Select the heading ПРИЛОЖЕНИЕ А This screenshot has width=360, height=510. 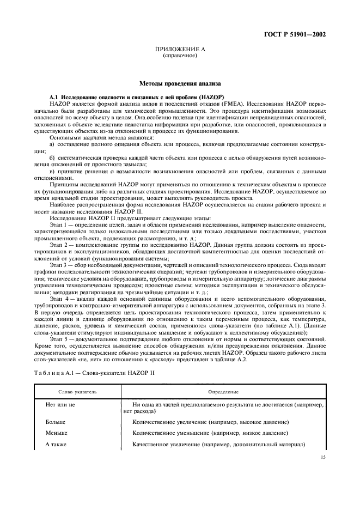[179, 50]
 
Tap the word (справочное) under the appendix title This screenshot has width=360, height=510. [179, 56]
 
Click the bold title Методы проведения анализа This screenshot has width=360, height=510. [180, 84]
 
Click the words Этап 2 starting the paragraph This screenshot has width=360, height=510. [58, 244]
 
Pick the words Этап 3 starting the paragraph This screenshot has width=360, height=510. [58, 264]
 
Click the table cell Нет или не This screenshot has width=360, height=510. [61, 405]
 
